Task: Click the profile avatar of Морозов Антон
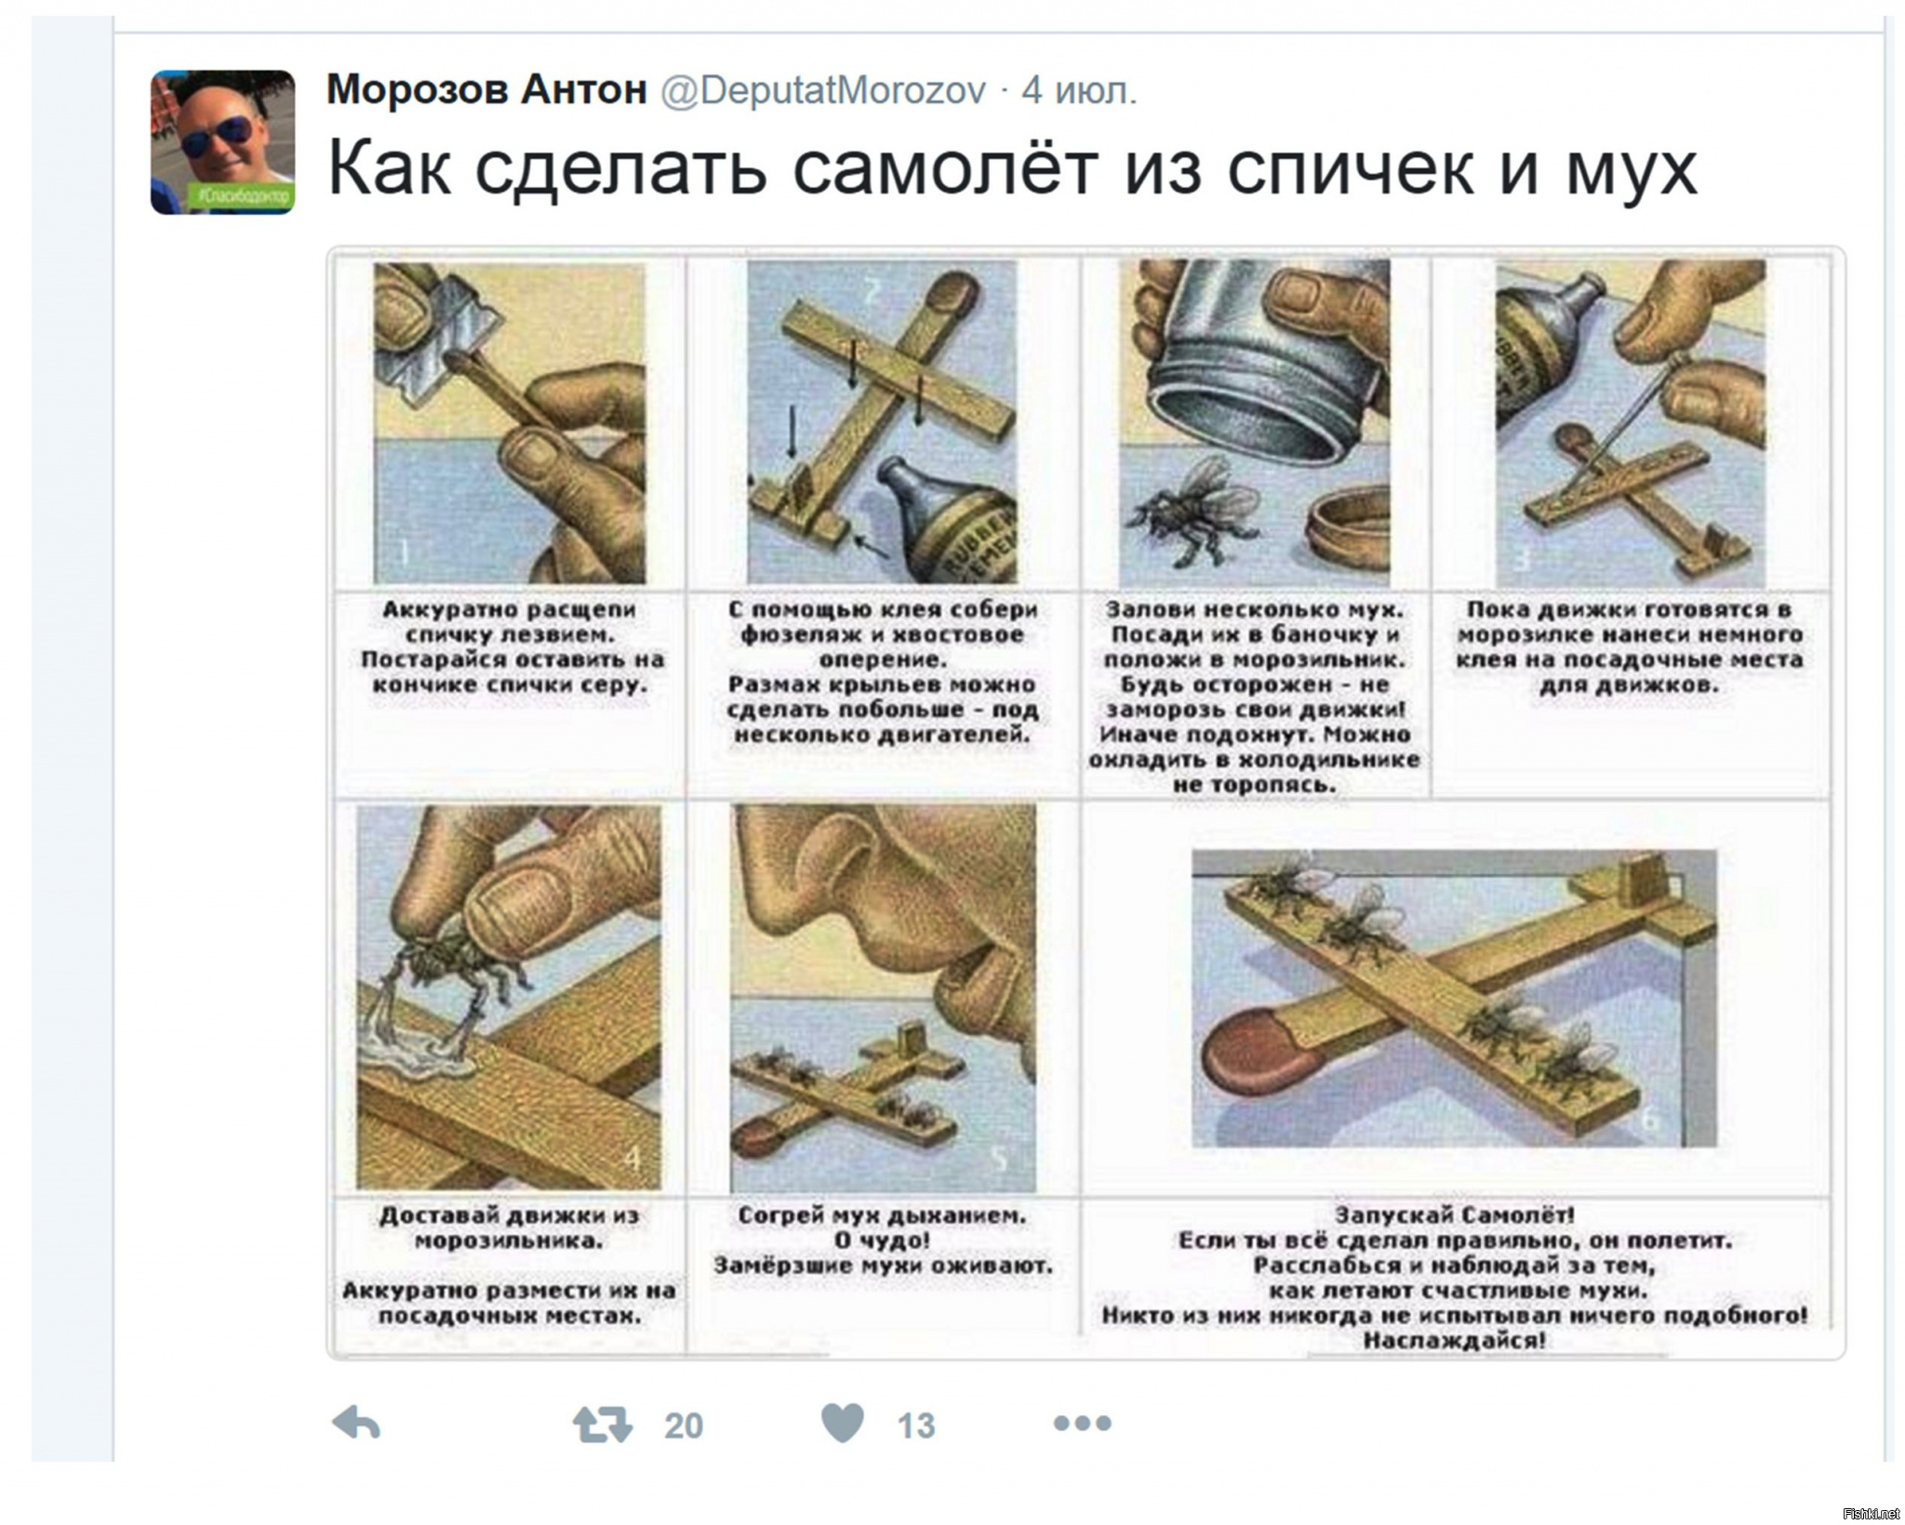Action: (x=222, y=142)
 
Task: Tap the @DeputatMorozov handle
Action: (x=823, y=91)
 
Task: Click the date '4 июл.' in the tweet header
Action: (x=1079, y=91)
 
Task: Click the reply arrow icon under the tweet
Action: (x=356, y=1424)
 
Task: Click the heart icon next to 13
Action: (x=843, y=1423)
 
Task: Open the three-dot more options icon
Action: (x=1082, y=1423)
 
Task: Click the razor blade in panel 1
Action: (x=436, y=326)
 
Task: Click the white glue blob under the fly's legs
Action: (x=419, y=1055)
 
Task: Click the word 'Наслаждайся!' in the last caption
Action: (x=1455, y=1341)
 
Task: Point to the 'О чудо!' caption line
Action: (x=882, y=1240)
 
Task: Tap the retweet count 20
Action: (x=684, y=1426)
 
